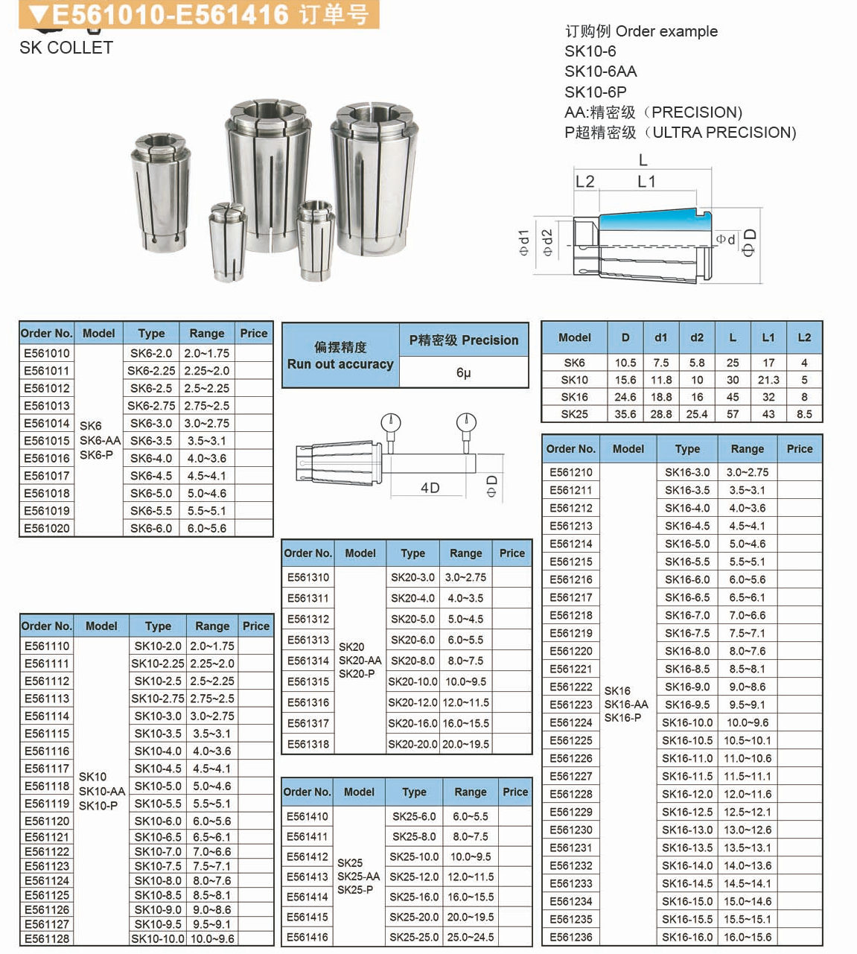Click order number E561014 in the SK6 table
(46, 423)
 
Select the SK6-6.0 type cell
(150, 528)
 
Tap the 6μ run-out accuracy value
(463, 372)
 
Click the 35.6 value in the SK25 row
(625, 414)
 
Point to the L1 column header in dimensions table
(768, 337)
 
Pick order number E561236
(571, 937)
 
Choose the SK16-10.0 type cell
(687, 722)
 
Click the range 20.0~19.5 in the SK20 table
(466, 744)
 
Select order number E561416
(308, 937)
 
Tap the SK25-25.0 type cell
(414, 937)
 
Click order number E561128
(47, 938)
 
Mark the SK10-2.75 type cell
(158, 699)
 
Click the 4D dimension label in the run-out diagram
(430, 488)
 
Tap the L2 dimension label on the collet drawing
(585, 182)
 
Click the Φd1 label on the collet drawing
(524, 243)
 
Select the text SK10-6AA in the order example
(601, 71)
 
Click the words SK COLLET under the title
(66, 48)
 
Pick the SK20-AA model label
(360, 661)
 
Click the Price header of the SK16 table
(800, 448)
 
